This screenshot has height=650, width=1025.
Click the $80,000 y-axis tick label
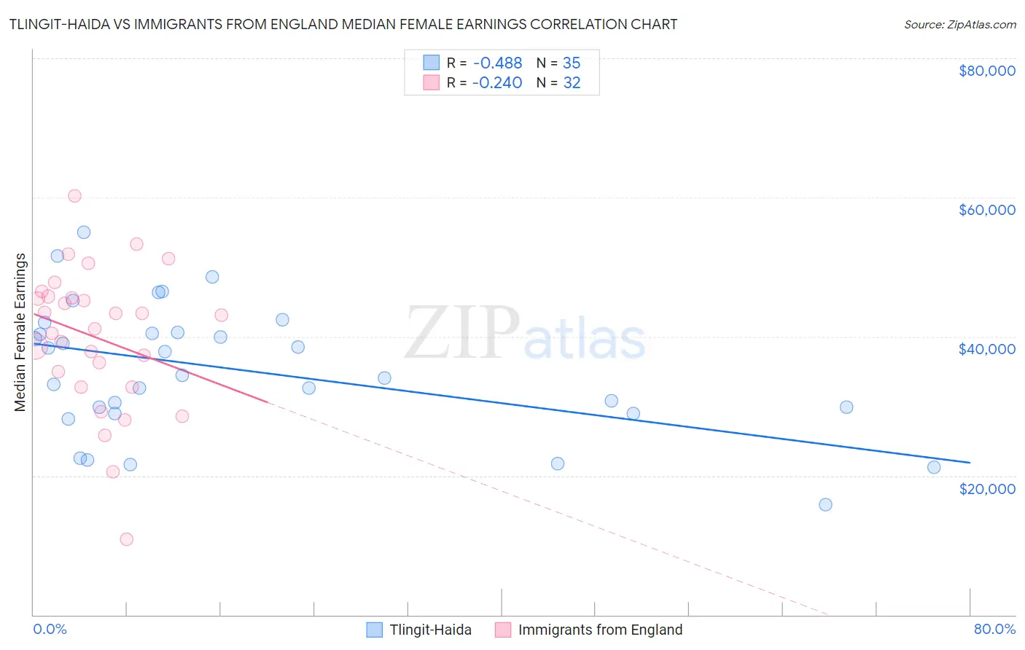pos(986,71)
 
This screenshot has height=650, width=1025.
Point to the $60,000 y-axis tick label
pos(986,210)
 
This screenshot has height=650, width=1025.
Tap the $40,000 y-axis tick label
pos(986,349)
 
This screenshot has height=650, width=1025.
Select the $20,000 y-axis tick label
pos(986,488)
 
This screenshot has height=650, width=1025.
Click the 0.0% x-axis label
pos(50,629)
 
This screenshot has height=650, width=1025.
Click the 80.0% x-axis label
pos(994,629)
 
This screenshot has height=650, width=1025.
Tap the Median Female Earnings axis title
pos(20,332)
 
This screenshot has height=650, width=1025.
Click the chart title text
pos(343,25)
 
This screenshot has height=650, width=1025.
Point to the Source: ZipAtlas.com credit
pos(959,25)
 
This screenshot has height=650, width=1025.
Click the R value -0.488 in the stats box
pos(497,63)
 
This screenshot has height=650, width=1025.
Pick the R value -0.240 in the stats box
pos(497,83)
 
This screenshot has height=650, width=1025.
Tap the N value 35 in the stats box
pos(572,63)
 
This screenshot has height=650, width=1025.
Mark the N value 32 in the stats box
pos(572,83)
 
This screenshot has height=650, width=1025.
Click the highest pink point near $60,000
pos(74,196)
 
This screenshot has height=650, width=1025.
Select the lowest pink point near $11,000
pos(127,539)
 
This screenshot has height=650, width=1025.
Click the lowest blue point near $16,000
pos(825,504)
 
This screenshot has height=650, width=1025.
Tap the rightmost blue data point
pos(934,467)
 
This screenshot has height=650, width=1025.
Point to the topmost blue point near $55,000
pos(84,232)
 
